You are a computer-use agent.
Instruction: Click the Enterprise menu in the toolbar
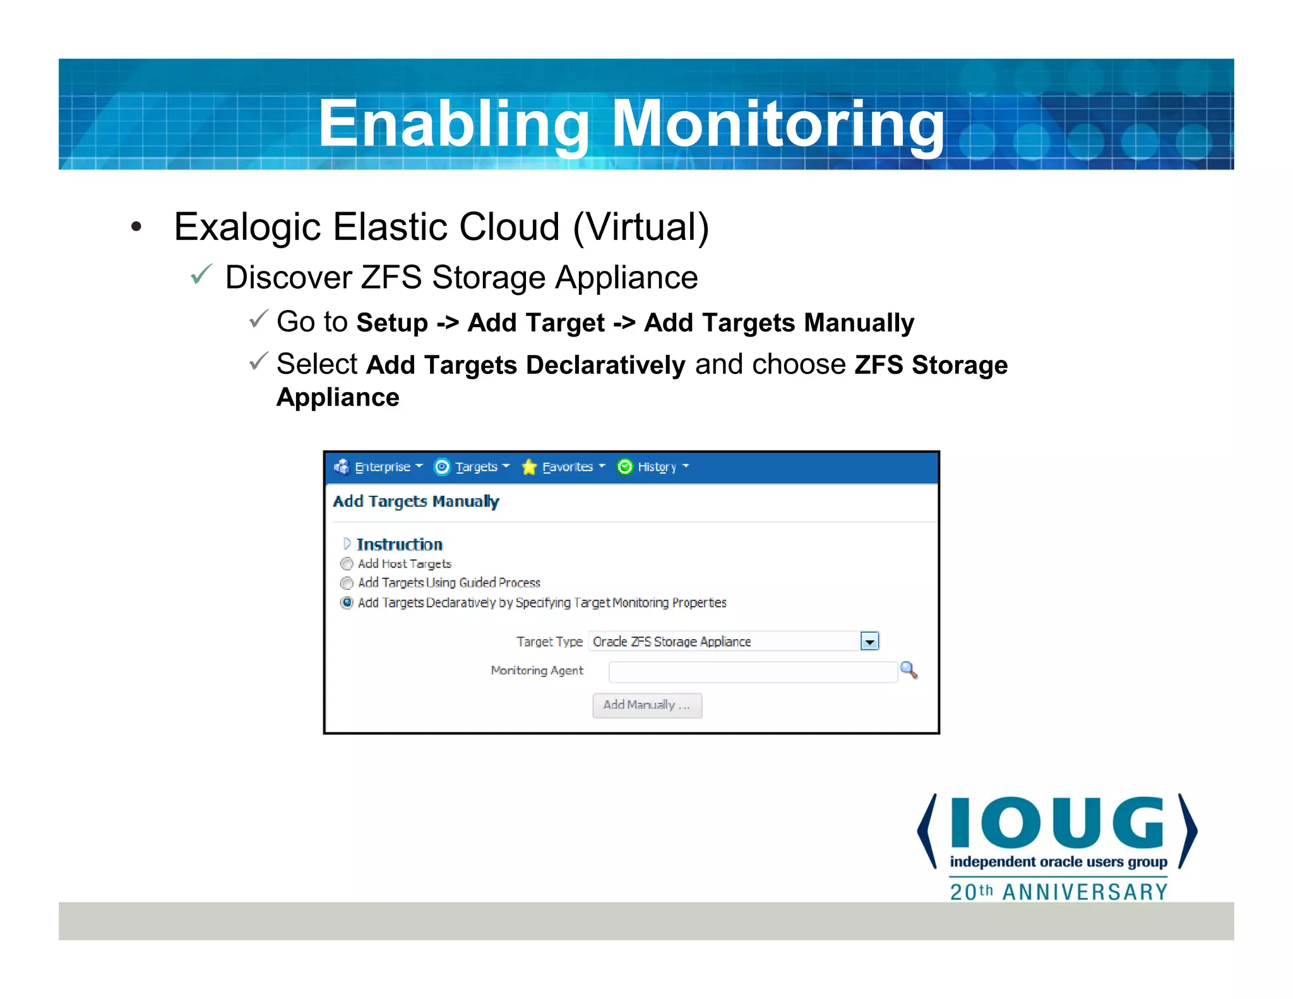pyautogui.click(x=382, y=467)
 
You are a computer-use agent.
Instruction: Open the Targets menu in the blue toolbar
pyautogui.click(x=476, y=467)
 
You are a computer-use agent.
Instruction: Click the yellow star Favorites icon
pyautogui.click(x=529, y=467)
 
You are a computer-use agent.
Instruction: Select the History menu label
pyautogui.click(x=657, y=467)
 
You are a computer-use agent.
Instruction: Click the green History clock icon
pyautogui.click(x=624, y=467)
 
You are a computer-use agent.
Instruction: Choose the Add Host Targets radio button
pyautogui.click(x=347, y=564)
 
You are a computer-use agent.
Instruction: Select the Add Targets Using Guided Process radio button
pyautogui.click(x=347, y=583)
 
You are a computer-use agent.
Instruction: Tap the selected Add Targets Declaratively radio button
pyautogui.click(x=347, y=602)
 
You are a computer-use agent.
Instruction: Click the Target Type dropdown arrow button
pyautogui.click(x=869, y=642)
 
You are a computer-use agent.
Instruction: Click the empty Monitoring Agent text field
pyautogui.click(x=752, y=672)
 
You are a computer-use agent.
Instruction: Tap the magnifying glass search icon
pyautogui.click(x=909, y=670)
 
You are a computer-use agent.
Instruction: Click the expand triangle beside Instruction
pyautogui.click(x=347, y=544)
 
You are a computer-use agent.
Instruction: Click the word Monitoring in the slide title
pyautogui.click(x=778, y=125)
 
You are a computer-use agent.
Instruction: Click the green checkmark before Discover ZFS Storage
pyautogui.click(x=201, y=275)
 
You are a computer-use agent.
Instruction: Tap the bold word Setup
pyautogui.click(x=392, y=323)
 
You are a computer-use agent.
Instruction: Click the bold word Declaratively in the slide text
pyautogui.click(x=605, y=365)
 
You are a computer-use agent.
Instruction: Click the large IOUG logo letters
pyautogui.click(x=1057, y=823)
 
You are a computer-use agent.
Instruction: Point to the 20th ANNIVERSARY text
pyautogui.click(x=1059, y=892)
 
